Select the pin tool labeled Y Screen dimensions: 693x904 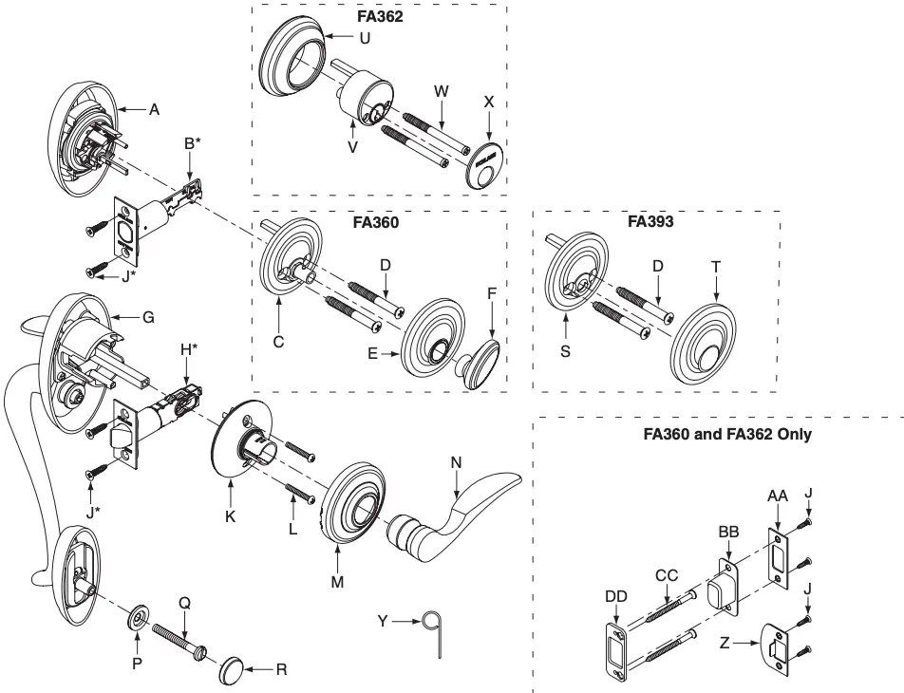(439, 627)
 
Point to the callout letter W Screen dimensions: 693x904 (440, 93)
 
